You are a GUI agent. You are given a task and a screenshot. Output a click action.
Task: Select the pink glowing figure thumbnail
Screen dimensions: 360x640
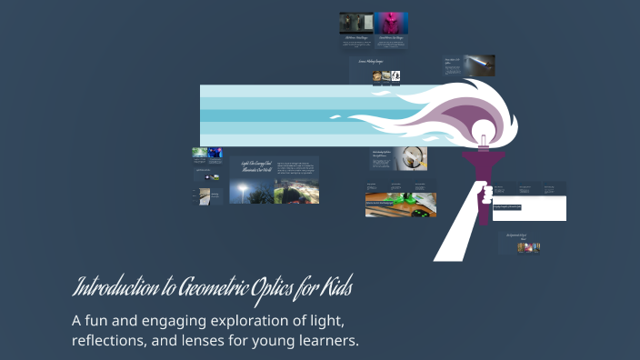pos(392,23)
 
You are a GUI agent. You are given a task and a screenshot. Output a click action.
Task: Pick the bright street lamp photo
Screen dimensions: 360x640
pos(244,191)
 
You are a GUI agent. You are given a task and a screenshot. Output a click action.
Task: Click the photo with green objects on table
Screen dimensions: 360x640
pos(400,205)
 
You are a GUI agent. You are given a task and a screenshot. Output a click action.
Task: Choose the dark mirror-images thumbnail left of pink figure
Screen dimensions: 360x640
pos(356,23)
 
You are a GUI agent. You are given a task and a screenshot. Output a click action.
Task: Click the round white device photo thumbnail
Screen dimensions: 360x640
pos(415,158)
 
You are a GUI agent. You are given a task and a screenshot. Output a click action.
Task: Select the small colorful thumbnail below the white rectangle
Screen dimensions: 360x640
pos(528,247)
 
